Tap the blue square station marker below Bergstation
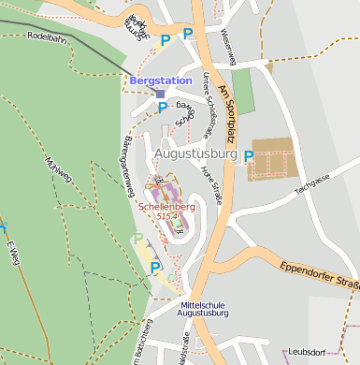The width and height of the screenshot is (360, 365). coord(160,94)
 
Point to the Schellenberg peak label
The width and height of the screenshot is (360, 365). coord(167,205)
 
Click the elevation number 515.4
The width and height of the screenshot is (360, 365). coord(167,216)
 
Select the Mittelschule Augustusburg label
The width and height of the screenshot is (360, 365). coord(204,311)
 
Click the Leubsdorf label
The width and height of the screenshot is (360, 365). coord(333,352)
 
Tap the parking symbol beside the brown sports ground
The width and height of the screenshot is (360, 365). coord(249,157)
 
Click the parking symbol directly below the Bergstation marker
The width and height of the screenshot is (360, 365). coord(162,109)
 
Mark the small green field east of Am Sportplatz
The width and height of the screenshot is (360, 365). coord(242,92)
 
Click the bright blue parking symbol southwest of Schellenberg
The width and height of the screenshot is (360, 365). coord(155,269)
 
